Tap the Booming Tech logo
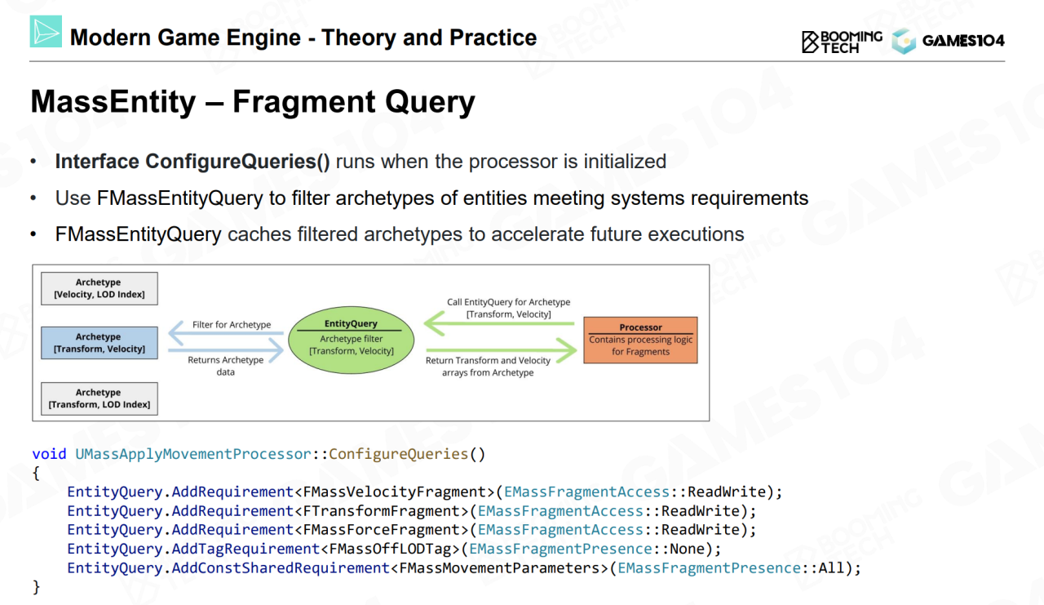842,42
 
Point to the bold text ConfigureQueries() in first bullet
237,162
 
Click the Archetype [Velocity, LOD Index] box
99,288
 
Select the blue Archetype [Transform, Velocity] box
99,343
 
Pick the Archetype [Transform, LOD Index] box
99,398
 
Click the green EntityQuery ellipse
351,337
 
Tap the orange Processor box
640,340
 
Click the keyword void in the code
49,454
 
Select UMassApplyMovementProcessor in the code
193,454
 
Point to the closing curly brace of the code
36,586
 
